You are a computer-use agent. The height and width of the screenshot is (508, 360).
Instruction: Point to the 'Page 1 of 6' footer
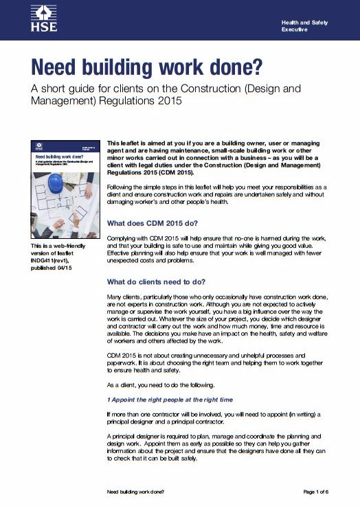322,492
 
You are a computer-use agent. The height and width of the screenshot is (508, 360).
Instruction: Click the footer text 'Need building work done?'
136,492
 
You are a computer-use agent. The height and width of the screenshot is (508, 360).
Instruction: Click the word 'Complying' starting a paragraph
122,238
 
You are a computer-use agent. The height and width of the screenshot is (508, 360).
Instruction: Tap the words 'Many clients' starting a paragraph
126,297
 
